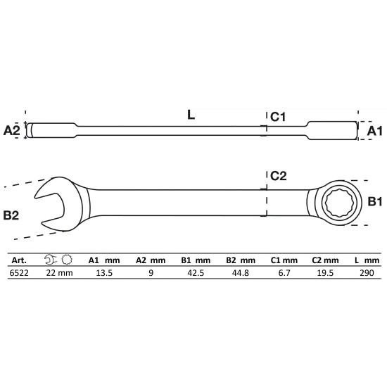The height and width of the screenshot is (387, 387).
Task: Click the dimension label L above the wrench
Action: (x=191, y=115)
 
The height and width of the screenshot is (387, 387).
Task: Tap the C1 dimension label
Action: (x=278, y=117)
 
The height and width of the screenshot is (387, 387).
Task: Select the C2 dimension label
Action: (x=279, y=176)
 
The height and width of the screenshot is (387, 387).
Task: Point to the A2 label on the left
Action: (x=11, y=130)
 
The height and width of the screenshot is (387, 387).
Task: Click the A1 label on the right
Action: (x=374, y=131)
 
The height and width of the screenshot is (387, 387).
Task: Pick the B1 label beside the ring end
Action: (x=375, y=202)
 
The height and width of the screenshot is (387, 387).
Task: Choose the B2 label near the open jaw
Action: (x=11, y=215)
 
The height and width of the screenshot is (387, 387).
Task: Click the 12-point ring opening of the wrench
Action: (x=339, y=203)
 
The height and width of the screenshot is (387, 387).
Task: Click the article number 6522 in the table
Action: (x=19, y=273)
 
